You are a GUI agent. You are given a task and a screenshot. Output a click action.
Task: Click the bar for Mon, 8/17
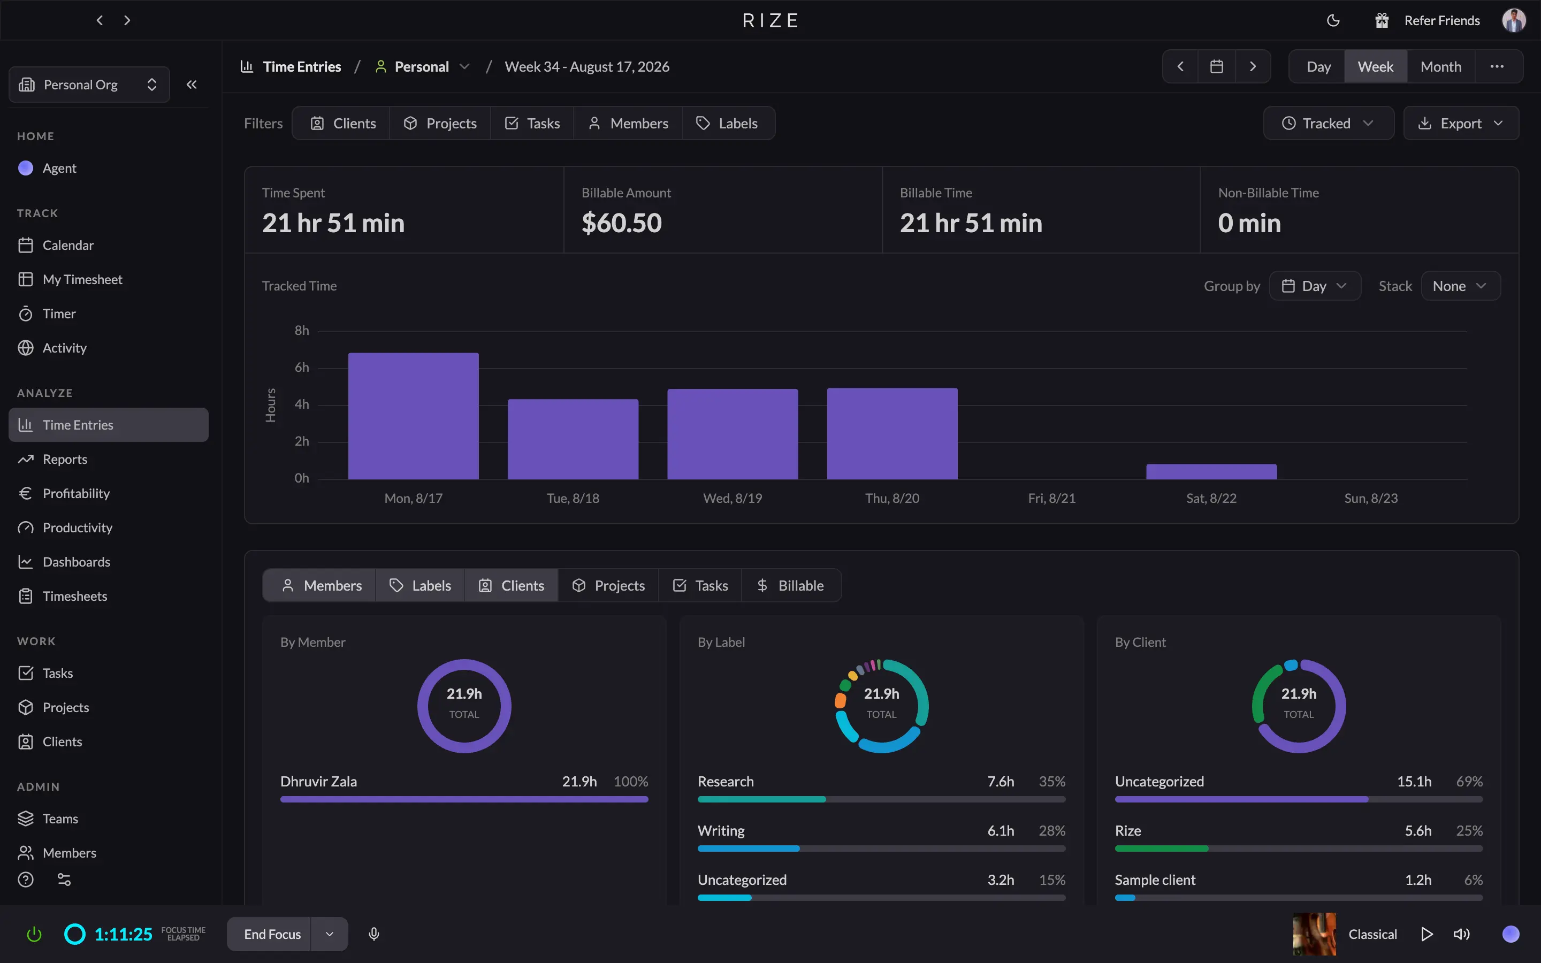[x=413, y=416]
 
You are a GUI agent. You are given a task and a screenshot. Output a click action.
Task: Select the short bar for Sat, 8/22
[x=1211, y=471]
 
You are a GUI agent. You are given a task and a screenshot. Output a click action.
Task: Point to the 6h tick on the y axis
[x=302, y=368]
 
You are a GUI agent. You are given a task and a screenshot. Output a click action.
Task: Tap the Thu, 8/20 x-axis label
[x=892, y=498]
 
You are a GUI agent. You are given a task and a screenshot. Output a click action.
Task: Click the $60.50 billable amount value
[x=622, y=223]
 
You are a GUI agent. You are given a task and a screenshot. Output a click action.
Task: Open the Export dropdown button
[x=1461, y=123]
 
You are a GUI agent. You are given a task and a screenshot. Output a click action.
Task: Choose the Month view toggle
[x=1440, y=67]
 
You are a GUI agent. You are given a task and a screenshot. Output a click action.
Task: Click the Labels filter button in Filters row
[x=728, y=123]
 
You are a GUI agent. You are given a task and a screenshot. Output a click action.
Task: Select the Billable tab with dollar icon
[x=791, y=585]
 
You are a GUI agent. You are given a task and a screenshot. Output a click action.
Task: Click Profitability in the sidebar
[x=76, y=494]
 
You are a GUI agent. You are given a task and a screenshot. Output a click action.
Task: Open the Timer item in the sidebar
[x=58, y=314]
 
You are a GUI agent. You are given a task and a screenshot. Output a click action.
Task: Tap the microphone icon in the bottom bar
[x=375, y=934]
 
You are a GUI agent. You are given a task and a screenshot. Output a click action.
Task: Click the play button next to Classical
[x=1427, y=934]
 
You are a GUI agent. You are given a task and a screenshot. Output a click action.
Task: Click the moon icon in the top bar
[x=1333, y=20]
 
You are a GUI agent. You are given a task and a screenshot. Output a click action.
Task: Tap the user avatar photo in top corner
[x=1514, y=20]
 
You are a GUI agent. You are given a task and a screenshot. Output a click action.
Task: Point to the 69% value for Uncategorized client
[x=1469, y=782]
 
